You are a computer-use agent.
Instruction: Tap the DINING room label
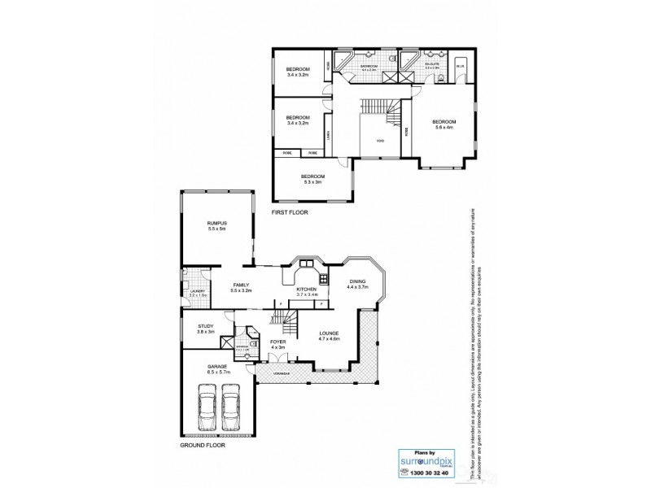[x=357, y=281]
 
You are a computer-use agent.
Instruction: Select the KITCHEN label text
[x=306, y=290]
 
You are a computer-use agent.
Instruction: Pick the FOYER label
[x=278, y=342]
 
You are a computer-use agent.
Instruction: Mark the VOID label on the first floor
[x=380, y=140]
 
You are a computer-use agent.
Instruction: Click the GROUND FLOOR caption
[x=202, y=446]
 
